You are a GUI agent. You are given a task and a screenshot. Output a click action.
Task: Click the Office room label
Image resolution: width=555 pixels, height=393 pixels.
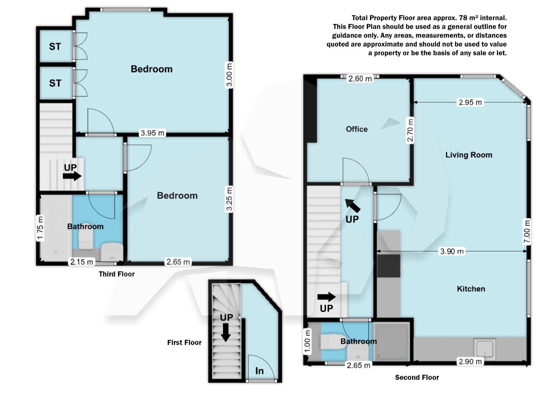coord(357,129)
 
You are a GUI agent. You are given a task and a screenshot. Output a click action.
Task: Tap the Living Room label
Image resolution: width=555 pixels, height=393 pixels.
coord(469,155)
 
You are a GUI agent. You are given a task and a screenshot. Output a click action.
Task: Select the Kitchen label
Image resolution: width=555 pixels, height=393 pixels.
coord(471,289)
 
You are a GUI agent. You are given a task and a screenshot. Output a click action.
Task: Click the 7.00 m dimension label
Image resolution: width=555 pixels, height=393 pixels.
coord(527,232)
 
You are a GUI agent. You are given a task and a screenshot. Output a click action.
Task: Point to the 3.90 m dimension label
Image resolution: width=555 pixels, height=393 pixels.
coord(452,251)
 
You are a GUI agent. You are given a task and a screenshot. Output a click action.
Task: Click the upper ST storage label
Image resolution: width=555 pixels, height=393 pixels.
coord(55,47)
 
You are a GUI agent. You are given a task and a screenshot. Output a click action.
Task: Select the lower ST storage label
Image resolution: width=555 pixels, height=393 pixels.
coord(55,83)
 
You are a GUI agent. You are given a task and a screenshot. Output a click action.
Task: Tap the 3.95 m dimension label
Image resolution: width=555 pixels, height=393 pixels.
coord(152,133)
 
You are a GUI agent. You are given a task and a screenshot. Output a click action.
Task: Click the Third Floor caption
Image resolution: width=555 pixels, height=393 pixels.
coord(116,274)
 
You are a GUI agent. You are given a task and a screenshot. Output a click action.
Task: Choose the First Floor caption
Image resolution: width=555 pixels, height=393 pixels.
coord(184,342)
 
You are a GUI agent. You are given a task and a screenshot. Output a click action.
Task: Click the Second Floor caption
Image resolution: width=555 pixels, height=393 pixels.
coord(417,377)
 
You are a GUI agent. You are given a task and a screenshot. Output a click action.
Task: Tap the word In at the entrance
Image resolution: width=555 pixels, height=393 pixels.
coord(259,371)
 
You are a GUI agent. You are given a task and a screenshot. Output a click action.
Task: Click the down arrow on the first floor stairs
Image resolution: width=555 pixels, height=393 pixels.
coord(225,332)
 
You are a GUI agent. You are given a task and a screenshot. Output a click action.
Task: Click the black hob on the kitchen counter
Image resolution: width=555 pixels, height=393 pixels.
coord(389,266)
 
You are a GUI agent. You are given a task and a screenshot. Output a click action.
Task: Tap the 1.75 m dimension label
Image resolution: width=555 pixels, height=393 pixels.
coord(40,228)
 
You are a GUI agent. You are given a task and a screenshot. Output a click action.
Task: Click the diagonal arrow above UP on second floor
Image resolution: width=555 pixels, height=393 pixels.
coord(353,205)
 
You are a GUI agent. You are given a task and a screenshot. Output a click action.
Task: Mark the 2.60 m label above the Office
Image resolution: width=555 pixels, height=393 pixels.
coord(360,79)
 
